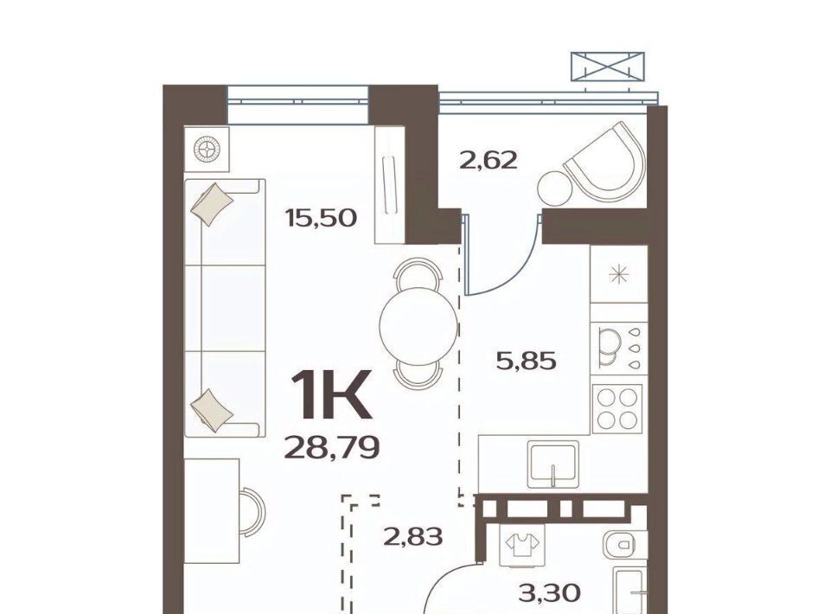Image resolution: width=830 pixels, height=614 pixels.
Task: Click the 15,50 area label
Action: pyautogui.click(x=321, y=218)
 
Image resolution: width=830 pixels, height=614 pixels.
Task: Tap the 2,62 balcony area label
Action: pyautogui.click(x=488, y=160)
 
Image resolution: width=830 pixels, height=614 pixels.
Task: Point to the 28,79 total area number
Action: pyautogui.click(x=332, y=448)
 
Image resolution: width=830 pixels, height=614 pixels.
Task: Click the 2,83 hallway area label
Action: pyautogui.click(x=412, y=537)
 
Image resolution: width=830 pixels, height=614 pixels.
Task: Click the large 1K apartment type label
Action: pyautogui.click(x=329, y=395)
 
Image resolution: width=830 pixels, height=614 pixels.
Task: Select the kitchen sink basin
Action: pyautogui.click(x=553, y=465)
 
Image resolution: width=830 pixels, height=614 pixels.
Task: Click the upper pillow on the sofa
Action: pyautogui.click(x=211, y=204)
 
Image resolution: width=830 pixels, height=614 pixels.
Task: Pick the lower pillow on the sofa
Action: pyautogui.click(x=211, y=411)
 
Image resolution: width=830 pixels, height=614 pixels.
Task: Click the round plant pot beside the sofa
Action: pyautogui.click(x=207, y=149)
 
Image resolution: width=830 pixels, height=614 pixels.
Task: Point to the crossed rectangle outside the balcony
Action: pyautogui.click(x=608, y=67)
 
